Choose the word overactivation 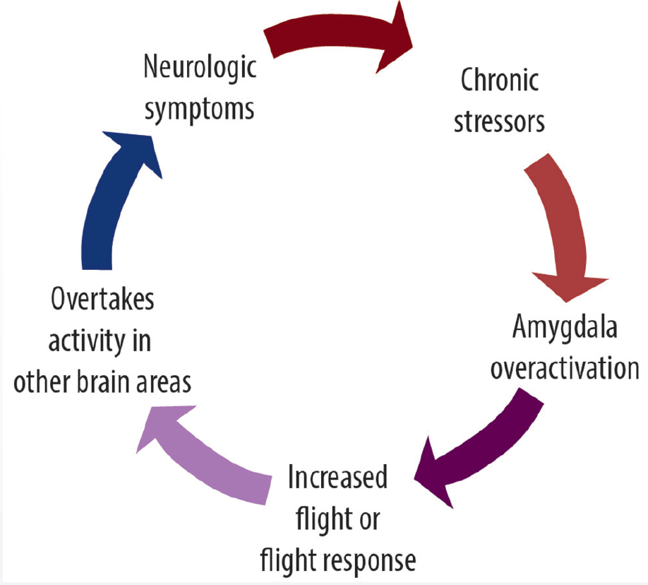[x=565, y=368]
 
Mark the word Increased [x=338, y=478]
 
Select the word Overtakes [x=102, y=300]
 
